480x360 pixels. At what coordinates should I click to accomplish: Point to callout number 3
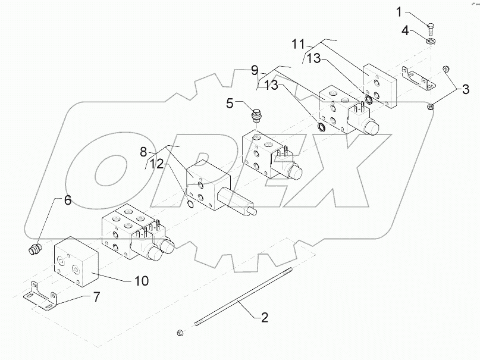point(466,90)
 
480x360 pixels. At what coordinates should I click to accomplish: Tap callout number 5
point(230,104)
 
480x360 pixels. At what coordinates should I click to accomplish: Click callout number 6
point(67,201)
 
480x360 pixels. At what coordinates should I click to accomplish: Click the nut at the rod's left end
point(180,331)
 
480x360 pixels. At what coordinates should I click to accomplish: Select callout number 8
point(144,152)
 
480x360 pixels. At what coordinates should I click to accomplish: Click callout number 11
point(298,45)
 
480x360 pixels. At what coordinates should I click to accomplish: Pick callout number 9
point(254,70)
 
